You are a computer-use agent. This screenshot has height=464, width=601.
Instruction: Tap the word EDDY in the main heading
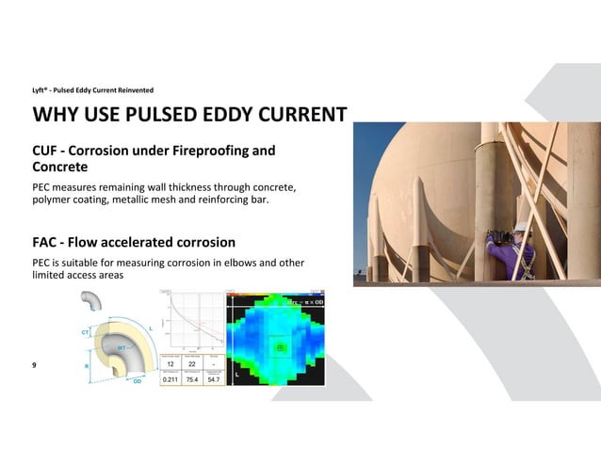[235, 116]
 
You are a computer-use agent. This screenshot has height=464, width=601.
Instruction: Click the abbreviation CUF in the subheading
[48, 151]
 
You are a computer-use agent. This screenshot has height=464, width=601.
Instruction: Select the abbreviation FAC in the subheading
[47, 242]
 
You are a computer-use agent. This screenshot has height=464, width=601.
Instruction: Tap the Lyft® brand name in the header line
[42, 90]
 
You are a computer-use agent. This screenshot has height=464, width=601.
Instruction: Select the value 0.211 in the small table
[170, 378]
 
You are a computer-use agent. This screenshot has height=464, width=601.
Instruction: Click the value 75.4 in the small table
[191, 378]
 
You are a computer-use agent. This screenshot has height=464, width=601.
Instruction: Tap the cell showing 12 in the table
[170, 363]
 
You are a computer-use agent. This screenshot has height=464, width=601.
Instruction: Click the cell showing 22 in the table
[191, 363]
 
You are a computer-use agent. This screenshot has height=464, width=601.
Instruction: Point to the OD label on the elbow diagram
[137, 381]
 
